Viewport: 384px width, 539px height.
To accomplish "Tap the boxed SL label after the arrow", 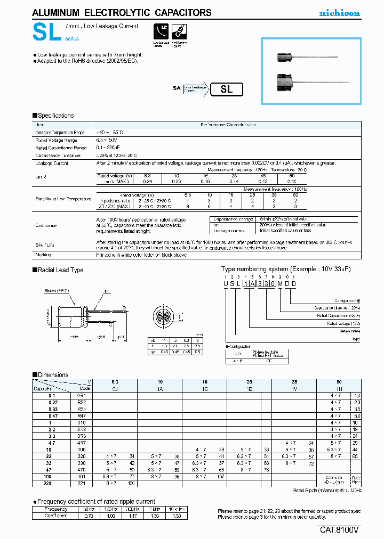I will click(x=227, y=89).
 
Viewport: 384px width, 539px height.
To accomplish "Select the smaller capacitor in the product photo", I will click(x=287, y=55).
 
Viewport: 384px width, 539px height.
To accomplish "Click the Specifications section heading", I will click(x=53, y=116).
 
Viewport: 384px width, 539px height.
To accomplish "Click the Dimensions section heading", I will click(x=51, y=375).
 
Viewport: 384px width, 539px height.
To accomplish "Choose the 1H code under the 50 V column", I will click(x=340, y=389).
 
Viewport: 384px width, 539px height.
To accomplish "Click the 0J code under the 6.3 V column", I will click(x=115, y=389).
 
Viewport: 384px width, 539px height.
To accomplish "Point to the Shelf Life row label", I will click(x=45, y=245).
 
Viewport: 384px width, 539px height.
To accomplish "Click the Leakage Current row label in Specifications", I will click(x=52, y=164).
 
